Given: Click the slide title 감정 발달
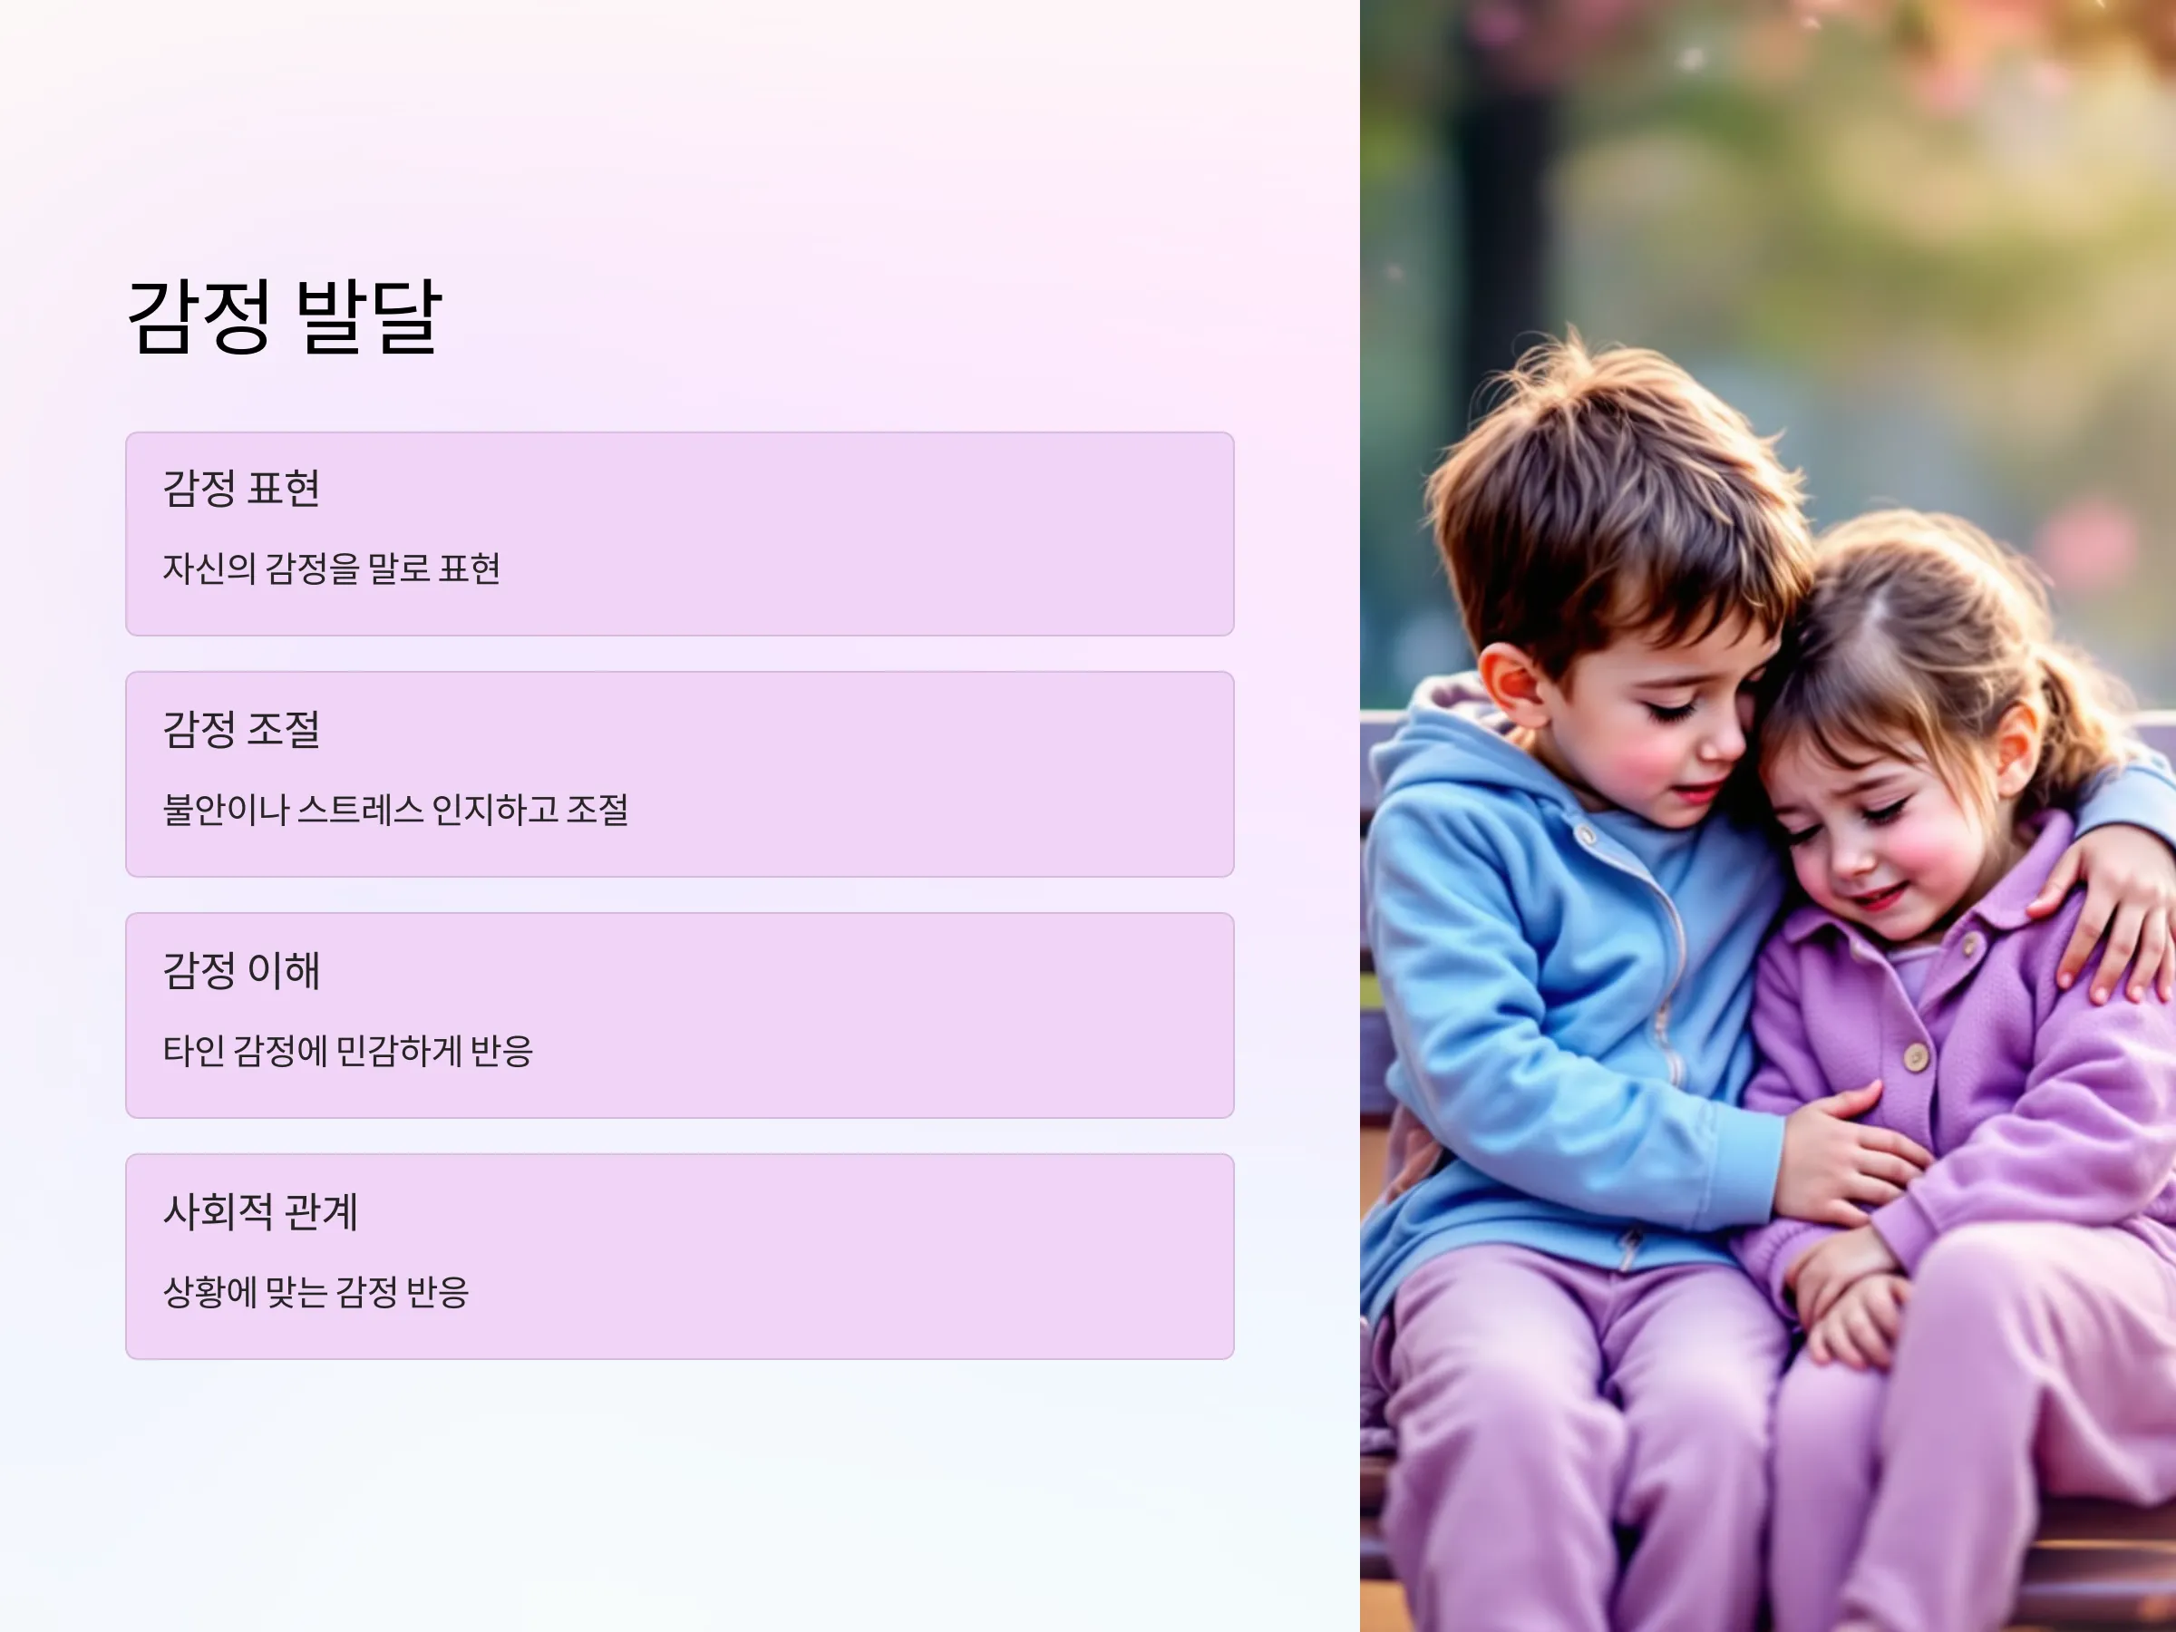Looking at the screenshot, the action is coord(286,316).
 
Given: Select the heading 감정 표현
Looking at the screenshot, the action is coord(242,489).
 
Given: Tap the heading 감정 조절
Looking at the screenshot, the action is coord(242,729).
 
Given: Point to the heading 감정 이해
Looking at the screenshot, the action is coord(242,970).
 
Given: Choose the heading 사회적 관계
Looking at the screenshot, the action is coord(261,1211).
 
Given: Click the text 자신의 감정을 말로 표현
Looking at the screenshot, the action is coord(332,568).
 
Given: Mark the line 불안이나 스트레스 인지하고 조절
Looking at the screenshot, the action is coord(395,810).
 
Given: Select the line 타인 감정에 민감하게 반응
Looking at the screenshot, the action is coord(348,1051).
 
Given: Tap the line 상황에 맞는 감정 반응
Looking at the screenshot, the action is coord(316,1292).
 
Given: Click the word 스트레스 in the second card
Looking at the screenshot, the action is coord(360,810).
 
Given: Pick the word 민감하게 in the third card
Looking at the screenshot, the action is coord(398,1051).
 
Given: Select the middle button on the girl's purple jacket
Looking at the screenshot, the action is coord(1914,1057).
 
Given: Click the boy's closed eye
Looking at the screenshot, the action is coord(1671,708).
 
